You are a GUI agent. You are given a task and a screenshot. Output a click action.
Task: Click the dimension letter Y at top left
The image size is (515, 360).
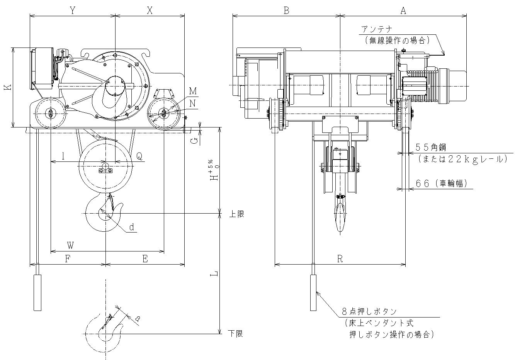point(72,10)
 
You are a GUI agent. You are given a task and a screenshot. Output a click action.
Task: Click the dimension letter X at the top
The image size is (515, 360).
point(150,10)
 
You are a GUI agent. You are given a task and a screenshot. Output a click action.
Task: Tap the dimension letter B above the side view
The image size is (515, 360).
point(286,10)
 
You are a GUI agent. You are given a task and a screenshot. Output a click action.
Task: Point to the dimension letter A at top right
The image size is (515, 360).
point(403,10)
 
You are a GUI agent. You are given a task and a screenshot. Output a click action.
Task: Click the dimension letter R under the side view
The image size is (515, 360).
point(340,259)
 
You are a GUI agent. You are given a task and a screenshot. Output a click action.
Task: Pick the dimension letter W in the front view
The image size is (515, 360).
point(70,245)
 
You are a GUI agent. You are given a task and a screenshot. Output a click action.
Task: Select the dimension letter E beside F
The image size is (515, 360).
point(145,259)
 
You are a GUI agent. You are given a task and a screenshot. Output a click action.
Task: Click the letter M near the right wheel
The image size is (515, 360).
point(193,91)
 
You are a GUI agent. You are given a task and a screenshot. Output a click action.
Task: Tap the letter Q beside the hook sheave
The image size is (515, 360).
point(139,156)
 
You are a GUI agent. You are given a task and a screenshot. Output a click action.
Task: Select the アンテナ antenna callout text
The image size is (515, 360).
point(377,29)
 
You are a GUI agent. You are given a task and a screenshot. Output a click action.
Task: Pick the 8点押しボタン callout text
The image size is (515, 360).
point(369,311)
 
